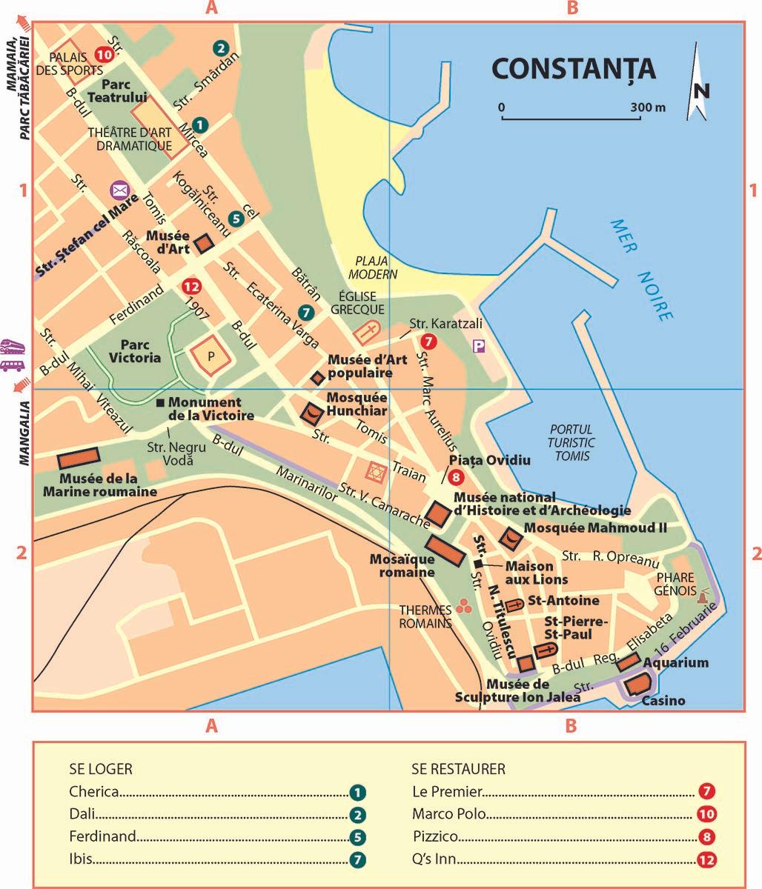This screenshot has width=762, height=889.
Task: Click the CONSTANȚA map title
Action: (573, 68)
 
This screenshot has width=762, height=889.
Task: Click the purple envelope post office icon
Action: (119, 190)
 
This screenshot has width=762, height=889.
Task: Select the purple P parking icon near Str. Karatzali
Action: (479, 346)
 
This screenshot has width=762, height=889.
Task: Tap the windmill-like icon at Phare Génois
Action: (703, 593)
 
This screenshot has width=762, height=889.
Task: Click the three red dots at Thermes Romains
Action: (465, 606)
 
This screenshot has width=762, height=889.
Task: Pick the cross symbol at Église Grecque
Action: (365, 332)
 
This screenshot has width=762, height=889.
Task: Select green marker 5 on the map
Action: (236, 219)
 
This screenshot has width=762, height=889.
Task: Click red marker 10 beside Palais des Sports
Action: (104, 54)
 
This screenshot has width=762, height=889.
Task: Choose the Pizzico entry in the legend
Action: (435, 837)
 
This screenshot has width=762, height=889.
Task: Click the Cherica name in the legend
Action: (94, 791)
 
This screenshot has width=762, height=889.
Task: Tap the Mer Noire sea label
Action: (641, 270)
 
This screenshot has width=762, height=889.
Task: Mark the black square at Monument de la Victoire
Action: (159, 403)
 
